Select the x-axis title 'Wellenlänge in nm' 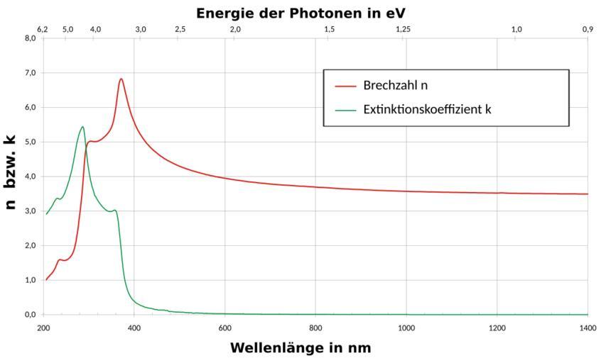pyautogui.click(x=300, y=348)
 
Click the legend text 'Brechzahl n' pyautogui.click(x=395, y=86)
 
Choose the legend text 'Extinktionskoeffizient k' pyautogui.click(x=427, y=110)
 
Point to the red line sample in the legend pyautogui.click(x=345, y=86)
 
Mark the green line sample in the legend pyautogui.click(x=345, y=111)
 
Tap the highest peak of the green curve pyautogui.click(x=82, y=127)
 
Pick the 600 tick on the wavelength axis pyautogui.click(x=225, y=328)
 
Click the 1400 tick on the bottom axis pyautogui.click(x=588, y=328)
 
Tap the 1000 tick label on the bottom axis pyautogui.click(x=406, y=328)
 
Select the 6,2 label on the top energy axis pyautogui.click(x=43, y=29)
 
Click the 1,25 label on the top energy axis pyautogui.click(x=403, y=29)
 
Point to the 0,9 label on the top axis pyautogui.click(x=587, y=29)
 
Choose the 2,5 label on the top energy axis pyautogui.click(x=180, y=29)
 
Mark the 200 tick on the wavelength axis pyautogui.click(x=43, y=328)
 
